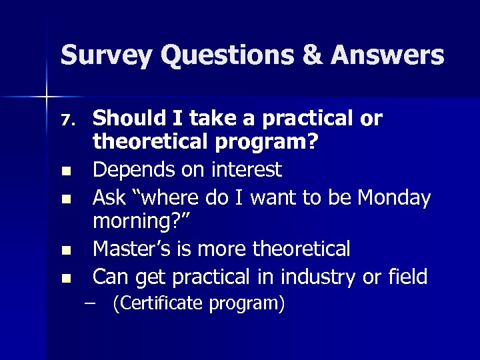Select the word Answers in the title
(x=391, y=55)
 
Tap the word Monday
(x=394, y=197)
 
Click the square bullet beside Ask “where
(x=65, y=199)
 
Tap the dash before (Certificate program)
(x=99, y=304)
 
